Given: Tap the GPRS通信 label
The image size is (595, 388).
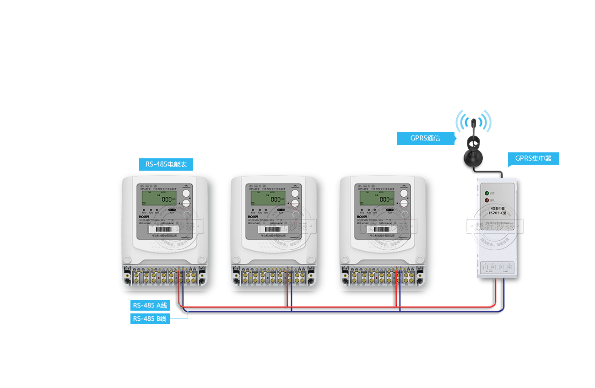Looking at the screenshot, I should [x=426, y=138].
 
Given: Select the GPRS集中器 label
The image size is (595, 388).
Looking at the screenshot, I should [x=533, y=159].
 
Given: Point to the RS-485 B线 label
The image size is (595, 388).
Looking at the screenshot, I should [x=150, y=318].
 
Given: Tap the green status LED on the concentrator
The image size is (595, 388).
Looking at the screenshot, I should [x=487, y=193].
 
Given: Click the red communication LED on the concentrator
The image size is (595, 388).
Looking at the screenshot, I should [x=487, y=200].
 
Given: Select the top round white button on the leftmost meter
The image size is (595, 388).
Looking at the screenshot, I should [x=186, y=194].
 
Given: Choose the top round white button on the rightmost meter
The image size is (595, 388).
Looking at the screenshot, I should [x=404, y=194].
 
